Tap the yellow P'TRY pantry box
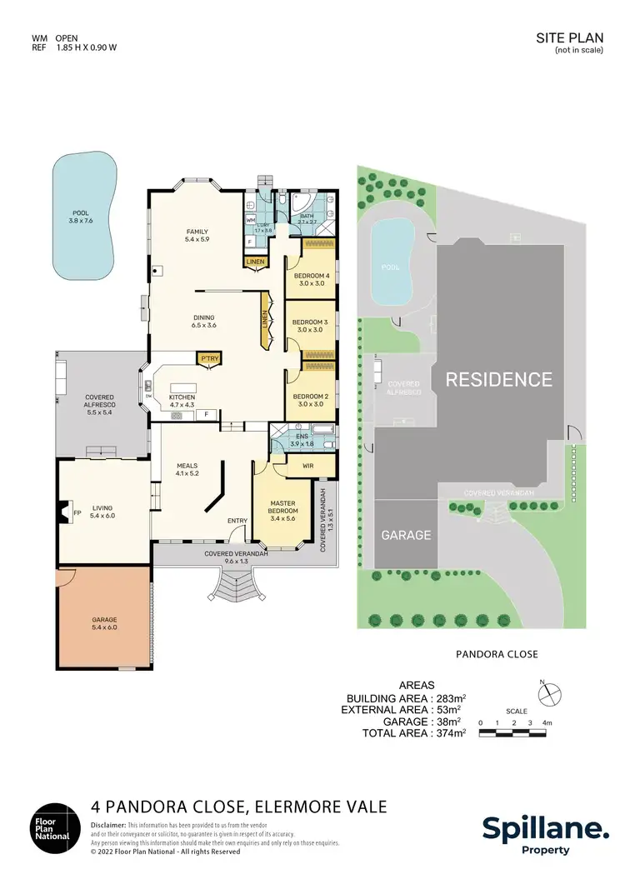pos(207,358)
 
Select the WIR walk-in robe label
pos(307,466)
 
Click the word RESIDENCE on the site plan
pos(498,380)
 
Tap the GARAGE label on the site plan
pos(407,535)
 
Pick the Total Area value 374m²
pos(448,733)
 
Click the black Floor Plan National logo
pos(56,830)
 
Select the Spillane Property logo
pos(545,832)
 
